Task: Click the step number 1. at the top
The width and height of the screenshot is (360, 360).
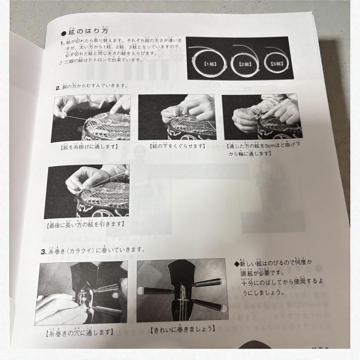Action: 62,43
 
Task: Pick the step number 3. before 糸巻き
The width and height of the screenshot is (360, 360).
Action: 43,251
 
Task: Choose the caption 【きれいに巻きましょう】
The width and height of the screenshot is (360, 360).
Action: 181,329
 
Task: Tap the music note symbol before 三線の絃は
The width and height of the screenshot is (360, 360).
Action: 60,63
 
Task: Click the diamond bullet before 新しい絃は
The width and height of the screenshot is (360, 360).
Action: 237,263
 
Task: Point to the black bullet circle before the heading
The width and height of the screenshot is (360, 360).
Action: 64,33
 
